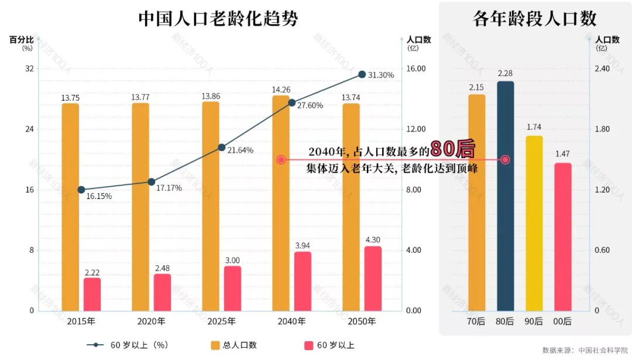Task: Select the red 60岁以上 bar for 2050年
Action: point(373,278)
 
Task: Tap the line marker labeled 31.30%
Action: point(362,74)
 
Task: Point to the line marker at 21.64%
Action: point(222,148)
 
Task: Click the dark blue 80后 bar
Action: point(505,196)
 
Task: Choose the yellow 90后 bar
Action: point(534,223)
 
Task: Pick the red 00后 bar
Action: point(562,236)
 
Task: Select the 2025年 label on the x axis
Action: point(222,321)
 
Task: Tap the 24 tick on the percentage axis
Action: point(29,129)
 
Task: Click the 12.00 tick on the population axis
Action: point(416,129)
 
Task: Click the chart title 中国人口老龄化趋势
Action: point(218,19)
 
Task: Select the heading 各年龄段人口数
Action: point(534,19)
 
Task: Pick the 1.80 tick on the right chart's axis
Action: point(602,129)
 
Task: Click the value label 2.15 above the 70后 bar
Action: point(476,88)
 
